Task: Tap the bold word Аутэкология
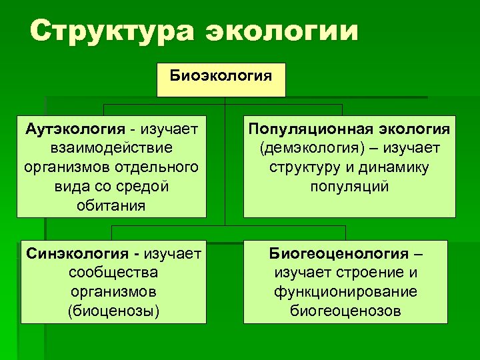tap(73, 127)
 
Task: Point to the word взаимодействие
tap(111, 146)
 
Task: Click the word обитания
tap(111, 205)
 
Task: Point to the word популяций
tap(349, 185)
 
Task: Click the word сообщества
tap(112, 273)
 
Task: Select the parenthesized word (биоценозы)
tap(112, 311)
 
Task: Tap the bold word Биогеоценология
tap(339, 253)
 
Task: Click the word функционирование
tap(345, 291)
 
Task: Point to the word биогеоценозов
tap(345, 311)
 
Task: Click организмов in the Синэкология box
tap(112, 291)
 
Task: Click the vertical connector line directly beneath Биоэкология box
tap(225, 101)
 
